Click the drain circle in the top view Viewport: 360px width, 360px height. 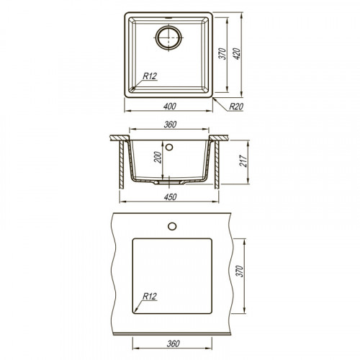pos(168,27)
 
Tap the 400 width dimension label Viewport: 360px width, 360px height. pos(170,106)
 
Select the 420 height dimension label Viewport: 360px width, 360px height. pos(236,54)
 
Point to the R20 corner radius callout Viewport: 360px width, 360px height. pos(236,107)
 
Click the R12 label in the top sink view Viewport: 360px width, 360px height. pos(150,76)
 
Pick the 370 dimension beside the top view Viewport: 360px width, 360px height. pos(222,54)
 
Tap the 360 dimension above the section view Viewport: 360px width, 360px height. pos(170,125)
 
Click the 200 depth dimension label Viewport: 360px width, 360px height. pos(158,157)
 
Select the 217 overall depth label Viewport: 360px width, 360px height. pos(243,161)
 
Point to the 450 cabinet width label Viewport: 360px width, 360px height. pos(170,197)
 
